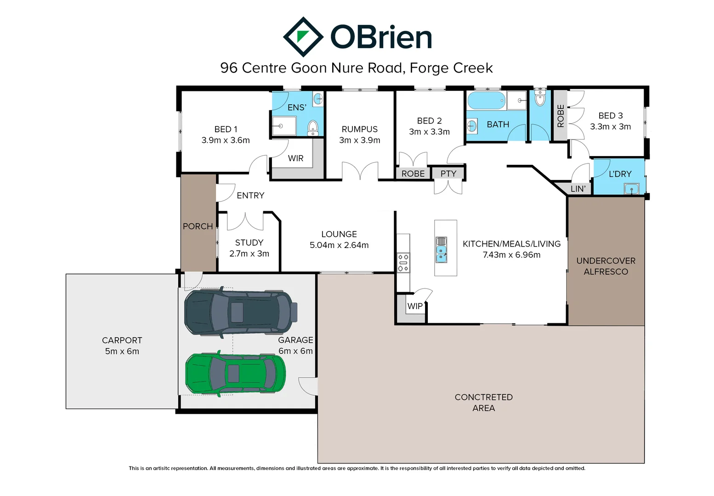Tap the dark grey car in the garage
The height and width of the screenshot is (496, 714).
239,312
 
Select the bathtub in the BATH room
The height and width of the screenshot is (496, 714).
486,100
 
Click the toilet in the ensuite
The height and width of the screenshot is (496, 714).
312,128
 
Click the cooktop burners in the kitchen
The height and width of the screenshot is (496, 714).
403,263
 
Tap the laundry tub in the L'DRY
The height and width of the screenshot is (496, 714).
631,188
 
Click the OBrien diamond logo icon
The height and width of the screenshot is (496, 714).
303,37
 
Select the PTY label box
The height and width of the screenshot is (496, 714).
448,174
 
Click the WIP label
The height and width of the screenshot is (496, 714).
415,306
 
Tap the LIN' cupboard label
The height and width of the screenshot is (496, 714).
578,189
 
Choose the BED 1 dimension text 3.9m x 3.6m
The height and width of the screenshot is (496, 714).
226,141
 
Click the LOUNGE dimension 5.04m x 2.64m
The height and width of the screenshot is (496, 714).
339,245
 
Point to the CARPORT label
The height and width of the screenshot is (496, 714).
122,340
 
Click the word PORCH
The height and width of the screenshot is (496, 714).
198,226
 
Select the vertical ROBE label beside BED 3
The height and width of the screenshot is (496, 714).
560,116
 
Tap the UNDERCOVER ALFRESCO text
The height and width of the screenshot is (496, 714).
606,266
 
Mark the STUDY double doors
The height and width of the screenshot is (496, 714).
245,221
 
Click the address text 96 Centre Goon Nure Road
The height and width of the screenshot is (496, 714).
312,68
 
